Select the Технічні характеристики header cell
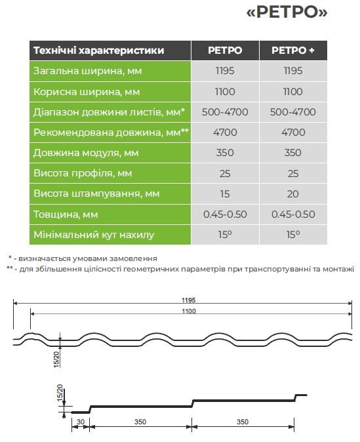pyautogui.click(x=98, y=50)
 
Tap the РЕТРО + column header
pyautogui.click(x=292, y=50)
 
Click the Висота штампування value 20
pyautogui.click(x=292, y=194)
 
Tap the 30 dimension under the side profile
pyautogui.click(x=80, y=422)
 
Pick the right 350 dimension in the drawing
pyautogui.click(x=243, y=422)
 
